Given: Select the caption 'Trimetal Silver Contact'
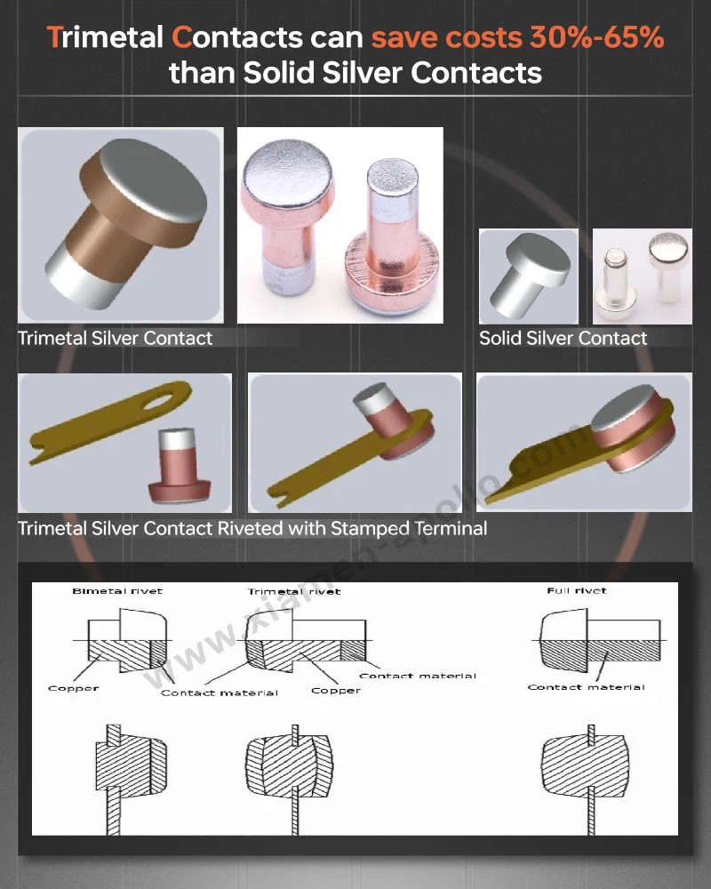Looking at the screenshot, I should click(116, 338).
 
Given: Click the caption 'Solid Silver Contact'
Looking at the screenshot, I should click(563, 338).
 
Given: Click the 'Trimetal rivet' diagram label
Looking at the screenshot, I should click(293, 591).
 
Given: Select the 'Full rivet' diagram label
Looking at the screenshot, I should click(578, 591).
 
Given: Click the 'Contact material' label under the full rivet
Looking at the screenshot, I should click(586, 686).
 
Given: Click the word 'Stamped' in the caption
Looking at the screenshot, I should click(368, 528).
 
